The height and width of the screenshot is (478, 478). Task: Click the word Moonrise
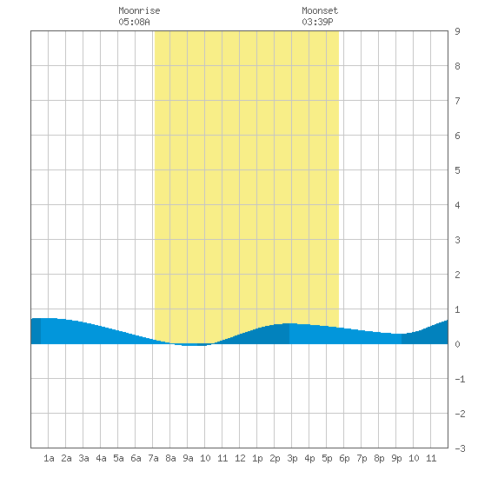(139, 10)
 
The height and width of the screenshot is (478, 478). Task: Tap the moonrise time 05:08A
(134, 22)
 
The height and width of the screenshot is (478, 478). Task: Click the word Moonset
(320, 10)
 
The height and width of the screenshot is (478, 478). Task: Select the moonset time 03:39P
(317, 22)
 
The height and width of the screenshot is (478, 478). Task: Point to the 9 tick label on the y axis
(457, 31)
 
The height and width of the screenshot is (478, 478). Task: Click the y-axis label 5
(457, 170)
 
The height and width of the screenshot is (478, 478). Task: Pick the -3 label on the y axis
(460, 448)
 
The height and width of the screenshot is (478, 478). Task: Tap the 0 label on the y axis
(457, 344)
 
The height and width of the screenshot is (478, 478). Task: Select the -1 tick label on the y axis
(460, 379)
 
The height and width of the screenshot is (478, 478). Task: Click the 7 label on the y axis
(457, 101)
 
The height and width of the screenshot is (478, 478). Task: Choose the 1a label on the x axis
(49, 458)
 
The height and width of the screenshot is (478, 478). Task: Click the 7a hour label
(153, 458)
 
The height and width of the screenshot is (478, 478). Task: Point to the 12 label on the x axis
(240, 458)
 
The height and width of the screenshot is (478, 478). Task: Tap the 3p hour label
(292, 458)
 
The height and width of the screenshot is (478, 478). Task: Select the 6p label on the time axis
(344, 458)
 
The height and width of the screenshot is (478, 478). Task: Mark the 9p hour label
(396, 458)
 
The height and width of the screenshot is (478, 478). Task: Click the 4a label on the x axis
(101, 458)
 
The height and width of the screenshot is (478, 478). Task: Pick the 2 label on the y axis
(457, 275)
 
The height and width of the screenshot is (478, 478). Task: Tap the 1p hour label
(257, 458)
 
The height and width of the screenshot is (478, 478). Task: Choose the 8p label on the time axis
(379, 458)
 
